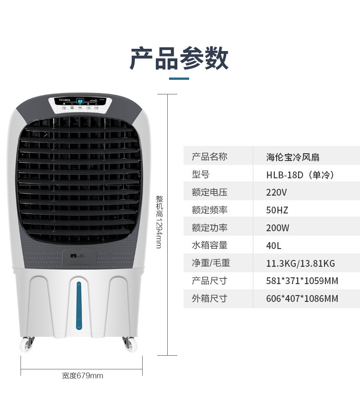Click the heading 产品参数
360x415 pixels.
pos(179,58)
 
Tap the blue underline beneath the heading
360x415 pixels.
pos(179,79)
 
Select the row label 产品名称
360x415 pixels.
pos(210,157)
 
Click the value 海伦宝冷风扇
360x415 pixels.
pos(293,157)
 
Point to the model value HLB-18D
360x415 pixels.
pos(300,175)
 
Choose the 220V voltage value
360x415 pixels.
pos(277,192)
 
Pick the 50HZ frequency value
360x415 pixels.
pos(277,210)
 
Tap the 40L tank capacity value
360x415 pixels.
pos(274,246)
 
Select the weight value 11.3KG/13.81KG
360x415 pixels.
pos(300,263)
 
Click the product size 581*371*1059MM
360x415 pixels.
pos(302,281)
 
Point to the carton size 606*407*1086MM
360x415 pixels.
pos(302,299)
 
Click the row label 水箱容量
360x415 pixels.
pos(210,245)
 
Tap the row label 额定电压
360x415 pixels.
pos(210,192)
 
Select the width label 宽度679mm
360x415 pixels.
pos(82,376)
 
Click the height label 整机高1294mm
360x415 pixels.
pos(159,222)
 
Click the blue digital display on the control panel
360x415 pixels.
pos(80,101)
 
